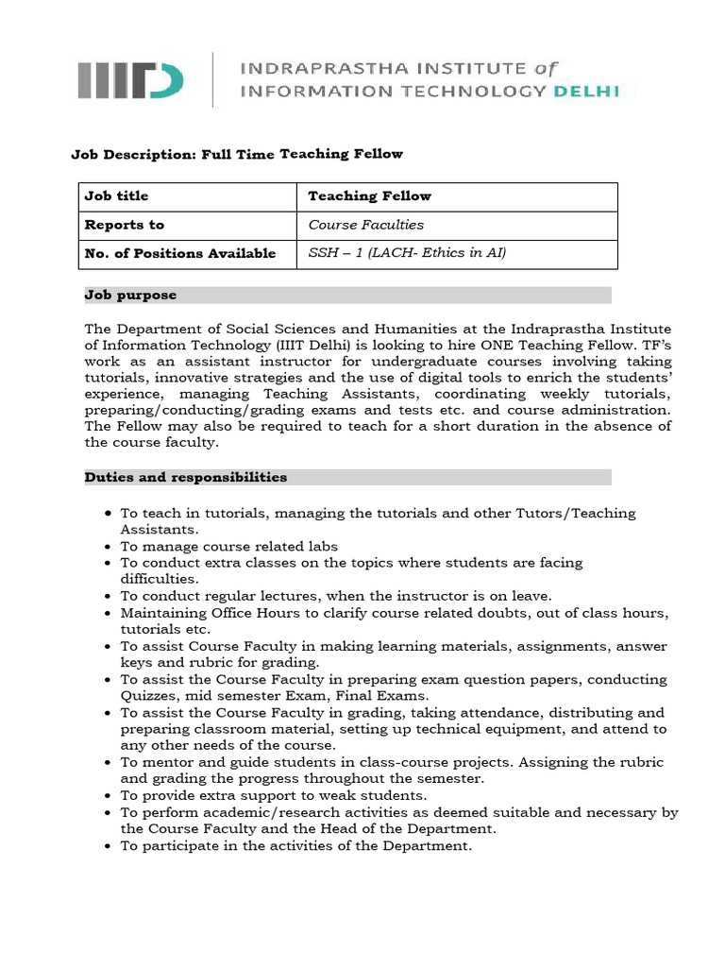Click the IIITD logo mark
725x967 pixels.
(130, 79)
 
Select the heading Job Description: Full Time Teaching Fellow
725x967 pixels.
(237, 154)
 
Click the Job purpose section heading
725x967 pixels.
(130, 296)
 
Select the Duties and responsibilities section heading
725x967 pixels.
(186, 477)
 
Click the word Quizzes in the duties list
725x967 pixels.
(147, 696)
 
